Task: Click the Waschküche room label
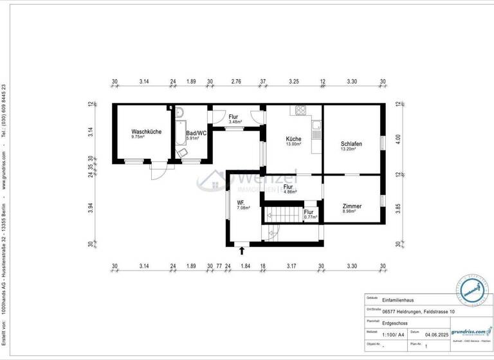point(146,131)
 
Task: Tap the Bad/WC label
point(192,132)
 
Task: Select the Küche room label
point(293,138)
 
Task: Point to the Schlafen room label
point(352,144)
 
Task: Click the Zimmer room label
point(351,206)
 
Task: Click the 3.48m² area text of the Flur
point(235,122)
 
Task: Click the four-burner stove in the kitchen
point(300,111)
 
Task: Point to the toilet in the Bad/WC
point(183,152)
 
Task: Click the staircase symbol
point(284,213)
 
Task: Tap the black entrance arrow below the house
point(242,250)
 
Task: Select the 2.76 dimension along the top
point(235,82)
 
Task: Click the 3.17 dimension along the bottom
point(291,265)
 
